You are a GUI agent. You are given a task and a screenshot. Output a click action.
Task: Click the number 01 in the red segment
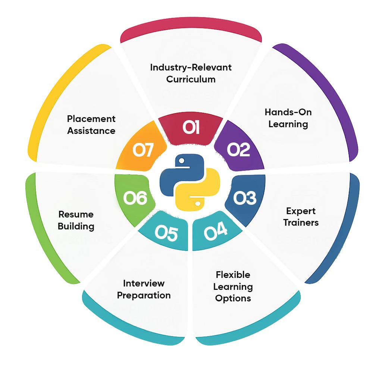click(x=191, y=128)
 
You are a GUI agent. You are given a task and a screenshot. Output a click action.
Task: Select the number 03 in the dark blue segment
click(x=245, y=198)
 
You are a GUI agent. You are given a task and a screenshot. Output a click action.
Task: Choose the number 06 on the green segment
click(x=135, y=198)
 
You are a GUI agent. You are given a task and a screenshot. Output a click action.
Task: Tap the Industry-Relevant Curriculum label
click(x=191, y=73)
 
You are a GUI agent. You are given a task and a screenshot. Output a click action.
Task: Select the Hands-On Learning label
click(x=288, y=118)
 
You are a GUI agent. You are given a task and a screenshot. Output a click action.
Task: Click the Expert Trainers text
click(x=301, y=217)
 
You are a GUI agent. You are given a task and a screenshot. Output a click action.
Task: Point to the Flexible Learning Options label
click(x=233, y=286)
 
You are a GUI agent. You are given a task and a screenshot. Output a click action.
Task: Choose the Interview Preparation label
click(x=144, y=289)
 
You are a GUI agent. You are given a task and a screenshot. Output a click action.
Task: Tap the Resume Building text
click(x=76, y=220)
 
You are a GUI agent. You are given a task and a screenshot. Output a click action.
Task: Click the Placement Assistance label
click(x=91, y=125)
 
